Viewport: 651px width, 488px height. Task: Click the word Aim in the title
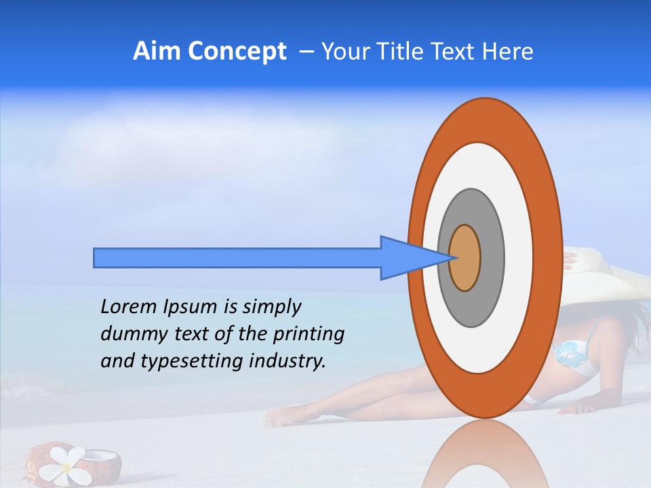click(157, 52)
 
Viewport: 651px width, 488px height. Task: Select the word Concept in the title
click(236, 52)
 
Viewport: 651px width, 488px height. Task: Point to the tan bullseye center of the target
click(465, 258)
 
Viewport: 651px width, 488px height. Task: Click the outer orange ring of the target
click(549, 258)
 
